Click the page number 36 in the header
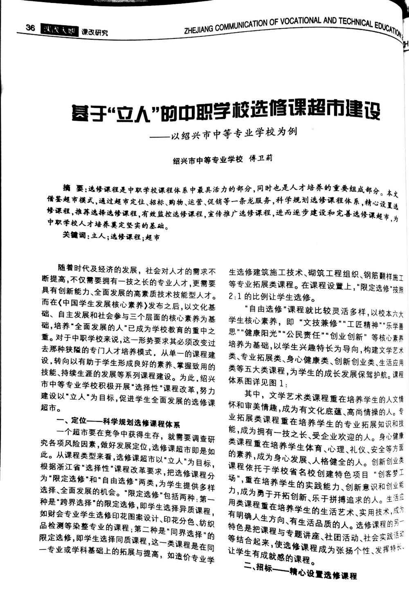tap(30, 27)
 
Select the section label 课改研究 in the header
tap(94, 32)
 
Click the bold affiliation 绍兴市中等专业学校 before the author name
tap(208, 159)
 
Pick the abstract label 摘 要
tap(72, 188)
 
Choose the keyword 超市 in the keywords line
tap(153, 237)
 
